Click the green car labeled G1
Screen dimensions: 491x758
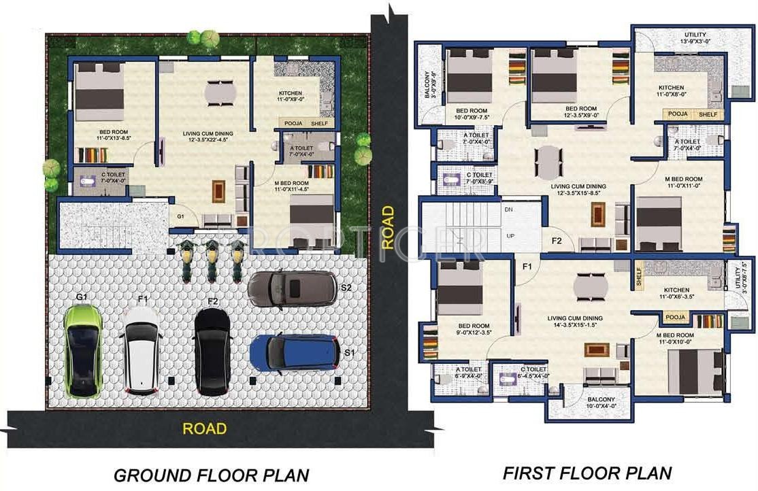pos(84,351)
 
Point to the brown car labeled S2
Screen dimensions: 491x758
pos(292,290)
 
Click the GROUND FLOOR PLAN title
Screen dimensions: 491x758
pos(211,474)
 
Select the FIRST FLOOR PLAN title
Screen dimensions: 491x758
pos(587,473)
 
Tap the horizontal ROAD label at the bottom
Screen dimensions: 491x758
pos(204,428)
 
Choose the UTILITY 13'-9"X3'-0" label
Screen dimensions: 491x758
pos(695,38)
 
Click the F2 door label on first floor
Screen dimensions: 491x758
pos(556,240)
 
